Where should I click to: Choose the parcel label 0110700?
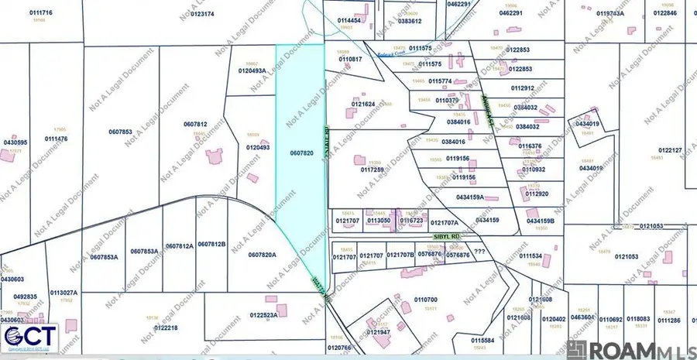[x=426, y=300]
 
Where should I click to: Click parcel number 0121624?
[x=363, y=104]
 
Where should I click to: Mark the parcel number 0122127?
[x=669, y=150]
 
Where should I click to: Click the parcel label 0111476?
[x=56, y=139]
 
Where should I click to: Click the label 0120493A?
[x=252, y=70]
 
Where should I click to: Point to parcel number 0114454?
[x=350, y=20]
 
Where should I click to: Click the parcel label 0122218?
[x=166, y=327]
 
